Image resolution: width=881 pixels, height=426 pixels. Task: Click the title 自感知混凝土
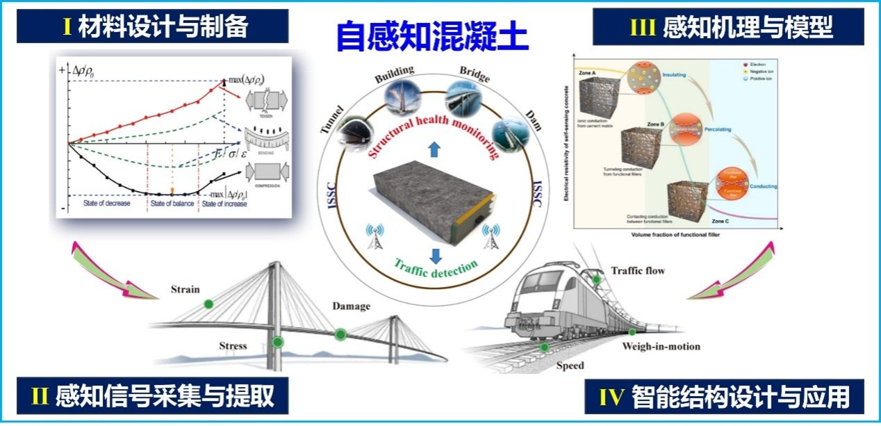click(432, 37)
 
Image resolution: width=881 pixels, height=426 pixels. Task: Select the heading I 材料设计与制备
click(155, 27)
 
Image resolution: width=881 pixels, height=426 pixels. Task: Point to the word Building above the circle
click(394, 72)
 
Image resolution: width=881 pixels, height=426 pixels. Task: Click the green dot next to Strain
click(208, 304)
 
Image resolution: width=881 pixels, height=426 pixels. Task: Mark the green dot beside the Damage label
click(340, 334)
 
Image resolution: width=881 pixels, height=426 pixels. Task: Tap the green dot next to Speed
click(545, 347)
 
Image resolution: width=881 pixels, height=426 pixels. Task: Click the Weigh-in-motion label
click(661, 346)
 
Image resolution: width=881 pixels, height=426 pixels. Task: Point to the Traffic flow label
click(637, 270)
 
